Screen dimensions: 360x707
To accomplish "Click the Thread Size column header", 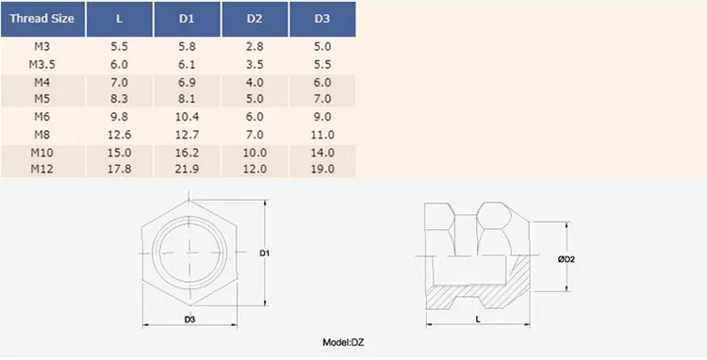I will pos(42,18).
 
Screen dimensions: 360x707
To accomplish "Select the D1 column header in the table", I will pos(187,18).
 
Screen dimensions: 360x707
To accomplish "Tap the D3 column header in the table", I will pos(322,18).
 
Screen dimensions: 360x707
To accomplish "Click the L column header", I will pos(119,18).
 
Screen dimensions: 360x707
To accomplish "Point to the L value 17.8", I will pos(119,168).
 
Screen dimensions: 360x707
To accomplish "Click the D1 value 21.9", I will pos(187,168).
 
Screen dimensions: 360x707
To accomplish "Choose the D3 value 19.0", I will pos(322,168).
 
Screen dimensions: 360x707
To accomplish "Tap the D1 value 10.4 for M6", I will pos(187,116).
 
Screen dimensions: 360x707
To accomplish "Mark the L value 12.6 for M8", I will pos(119,133).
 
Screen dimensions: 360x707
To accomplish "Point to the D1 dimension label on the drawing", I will pos(265,254).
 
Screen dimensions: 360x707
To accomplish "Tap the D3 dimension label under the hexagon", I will pos(189,319).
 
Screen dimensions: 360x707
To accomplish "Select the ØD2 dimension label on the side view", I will pos(566,258).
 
